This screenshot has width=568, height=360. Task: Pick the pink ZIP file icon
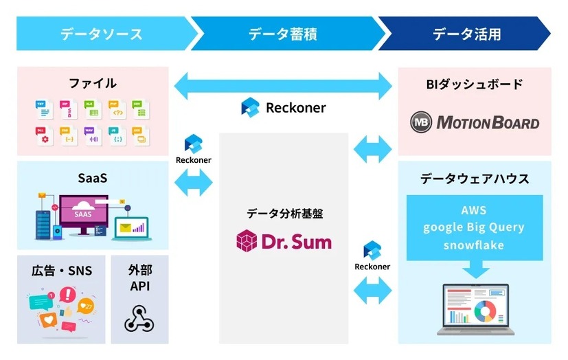(x=67, y=109)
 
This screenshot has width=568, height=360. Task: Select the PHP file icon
(x=115, y=109)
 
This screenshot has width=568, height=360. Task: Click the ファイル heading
(x=93, y=83)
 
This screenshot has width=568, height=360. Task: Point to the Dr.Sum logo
(x=283, y=240)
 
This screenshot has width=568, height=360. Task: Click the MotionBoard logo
(x=475, y=123)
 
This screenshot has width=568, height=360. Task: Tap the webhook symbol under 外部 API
(x=139, y=317)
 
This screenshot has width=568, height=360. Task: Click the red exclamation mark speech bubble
(x=67, y=296)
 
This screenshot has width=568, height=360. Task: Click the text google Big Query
(x=474, y=227)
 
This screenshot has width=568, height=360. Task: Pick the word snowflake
(x=474, y=245)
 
